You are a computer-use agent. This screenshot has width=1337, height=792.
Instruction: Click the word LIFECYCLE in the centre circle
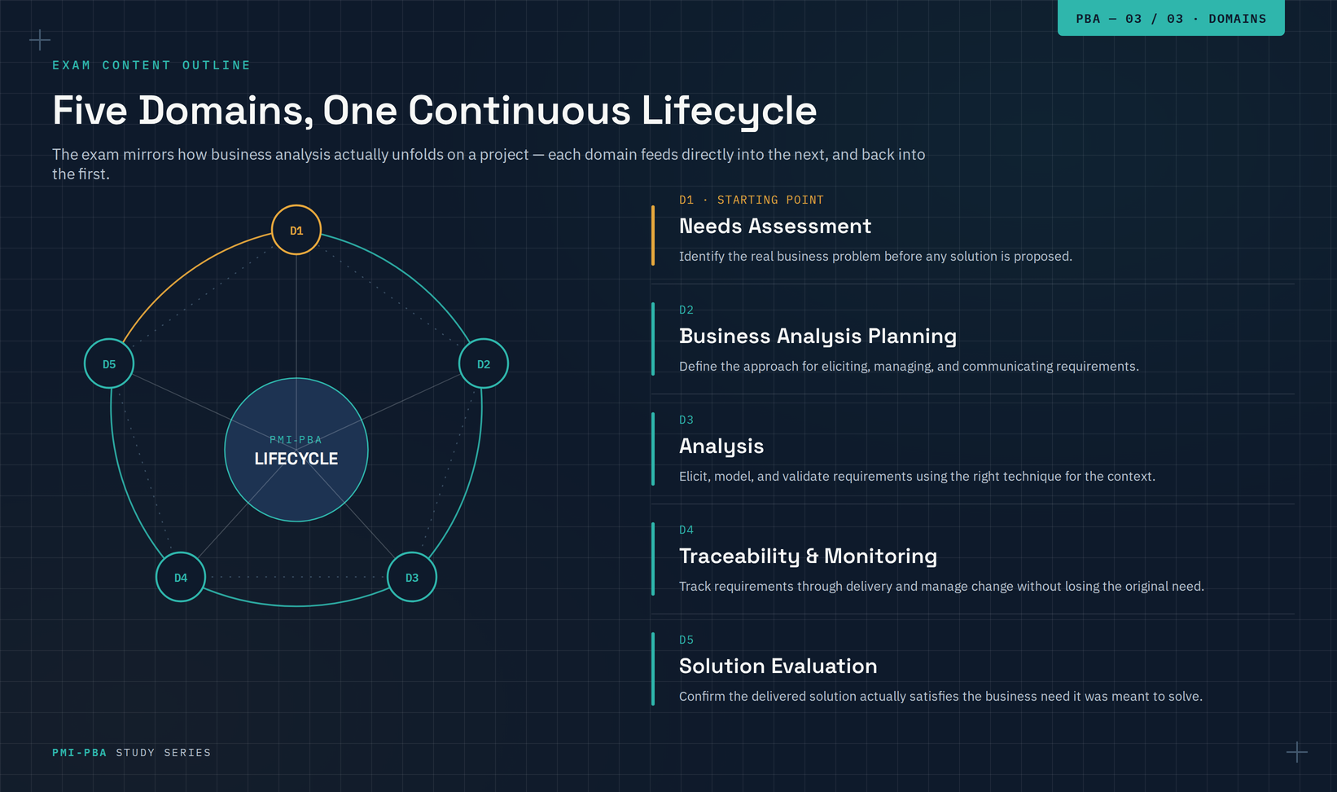296,459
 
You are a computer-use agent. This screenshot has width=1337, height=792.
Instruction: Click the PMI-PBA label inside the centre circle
296,440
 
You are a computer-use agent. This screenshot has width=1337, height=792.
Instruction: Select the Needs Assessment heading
774,227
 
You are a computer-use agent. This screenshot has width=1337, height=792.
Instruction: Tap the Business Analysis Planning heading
818,337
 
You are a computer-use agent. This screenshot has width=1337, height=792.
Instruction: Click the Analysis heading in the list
721,447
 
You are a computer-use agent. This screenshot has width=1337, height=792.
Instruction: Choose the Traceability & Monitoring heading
809,556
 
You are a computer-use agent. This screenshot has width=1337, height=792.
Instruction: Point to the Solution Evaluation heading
778,666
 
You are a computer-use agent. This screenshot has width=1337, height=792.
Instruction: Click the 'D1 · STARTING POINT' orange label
752,200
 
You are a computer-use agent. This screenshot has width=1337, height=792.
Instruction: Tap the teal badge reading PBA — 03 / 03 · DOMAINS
1171,18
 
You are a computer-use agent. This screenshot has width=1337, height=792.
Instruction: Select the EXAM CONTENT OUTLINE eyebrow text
151,65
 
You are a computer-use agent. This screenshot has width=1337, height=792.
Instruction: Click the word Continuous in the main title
519,111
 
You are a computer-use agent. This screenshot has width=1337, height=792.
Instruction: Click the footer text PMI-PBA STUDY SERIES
131,753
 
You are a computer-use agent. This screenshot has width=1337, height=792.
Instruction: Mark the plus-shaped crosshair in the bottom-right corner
1297,752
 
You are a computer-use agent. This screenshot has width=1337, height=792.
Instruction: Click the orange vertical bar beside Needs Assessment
653,235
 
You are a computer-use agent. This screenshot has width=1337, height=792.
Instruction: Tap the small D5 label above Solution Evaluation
686,640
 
